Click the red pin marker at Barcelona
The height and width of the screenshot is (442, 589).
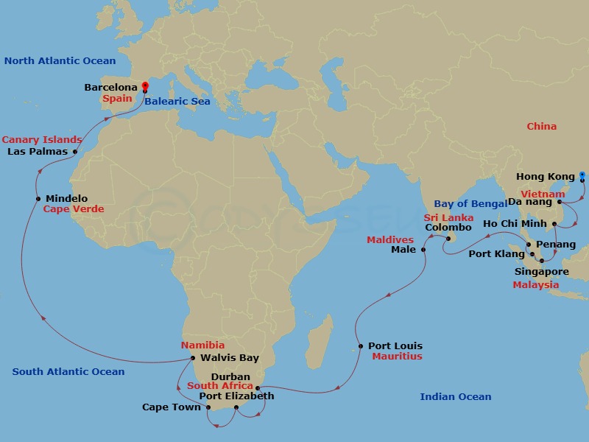pyautogui.click(x=145, y=87)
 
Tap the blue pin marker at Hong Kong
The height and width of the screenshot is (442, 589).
pyautogui.click(x=582, y=176)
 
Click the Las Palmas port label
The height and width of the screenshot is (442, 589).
pyautogui.click(x=37, y=152)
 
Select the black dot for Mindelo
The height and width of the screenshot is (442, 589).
pyautogui.click(x=38, y=198)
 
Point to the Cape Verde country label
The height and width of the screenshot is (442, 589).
pyautogui.click(x=74, y=209)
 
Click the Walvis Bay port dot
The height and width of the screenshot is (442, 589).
pyautogui.click(x=193, y=358)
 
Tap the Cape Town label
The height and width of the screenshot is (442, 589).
pyautogui.click(x=171, y=407)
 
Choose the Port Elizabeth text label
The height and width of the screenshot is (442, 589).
pyautogui.click(x=236, y=396)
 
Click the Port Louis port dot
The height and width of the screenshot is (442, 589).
pyautogui.click(x=360, y=346)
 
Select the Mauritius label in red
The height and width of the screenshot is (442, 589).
pyautogui.click(x=397, y=357)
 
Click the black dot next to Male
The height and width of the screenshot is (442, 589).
pyautogui.click(x=423, y=250)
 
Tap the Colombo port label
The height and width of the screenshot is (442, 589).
pyautogui.click(x=448, y=228)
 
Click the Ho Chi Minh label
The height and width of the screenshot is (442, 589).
pyautogui.click(x=515, y=224)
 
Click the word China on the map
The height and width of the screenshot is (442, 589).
pyautogui.click(x=541, y=127)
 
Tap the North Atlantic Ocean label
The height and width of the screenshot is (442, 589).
pyautogui.click(x=60, y=61)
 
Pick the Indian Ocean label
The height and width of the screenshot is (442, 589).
pyautogui.click(x=455, y=397)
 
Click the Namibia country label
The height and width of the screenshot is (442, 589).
pyautogui.click(x=202, y=345)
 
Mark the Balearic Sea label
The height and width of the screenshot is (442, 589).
pyautogui.click(x=177, y=101)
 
